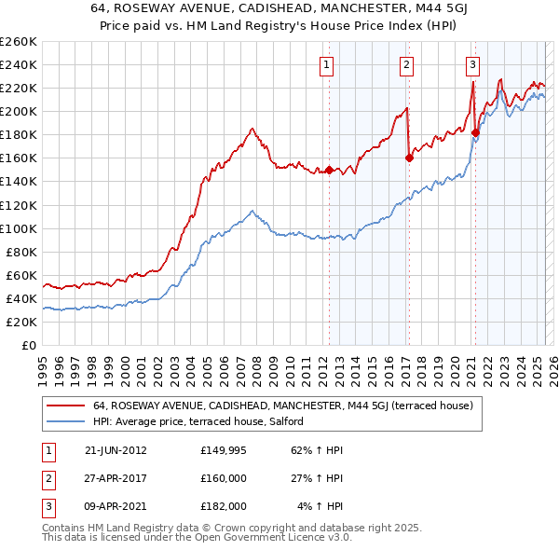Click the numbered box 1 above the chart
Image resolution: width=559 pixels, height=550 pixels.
point(328,65)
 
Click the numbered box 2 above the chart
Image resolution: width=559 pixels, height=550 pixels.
point(408,65)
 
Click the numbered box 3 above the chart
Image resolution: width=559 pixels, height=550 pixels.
point(473,65)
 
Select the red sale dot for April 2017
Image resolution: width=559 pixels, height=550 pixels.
point(409,158)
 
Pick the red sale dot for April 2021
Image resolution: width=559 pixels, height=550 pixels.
point(475,132)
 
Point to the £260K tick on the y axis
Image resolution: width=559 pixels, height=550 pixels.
point(19,42)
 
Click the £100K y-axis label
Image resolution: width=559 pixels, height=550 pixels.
point(19,228)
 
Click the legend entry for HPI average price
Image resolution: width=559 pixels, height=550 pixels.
point(204,421)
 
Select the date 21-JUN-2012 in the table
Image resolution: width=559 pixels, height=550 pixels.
point(116,450)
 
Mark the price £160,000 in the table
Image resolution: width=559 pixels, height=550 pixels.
point(224,478)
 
